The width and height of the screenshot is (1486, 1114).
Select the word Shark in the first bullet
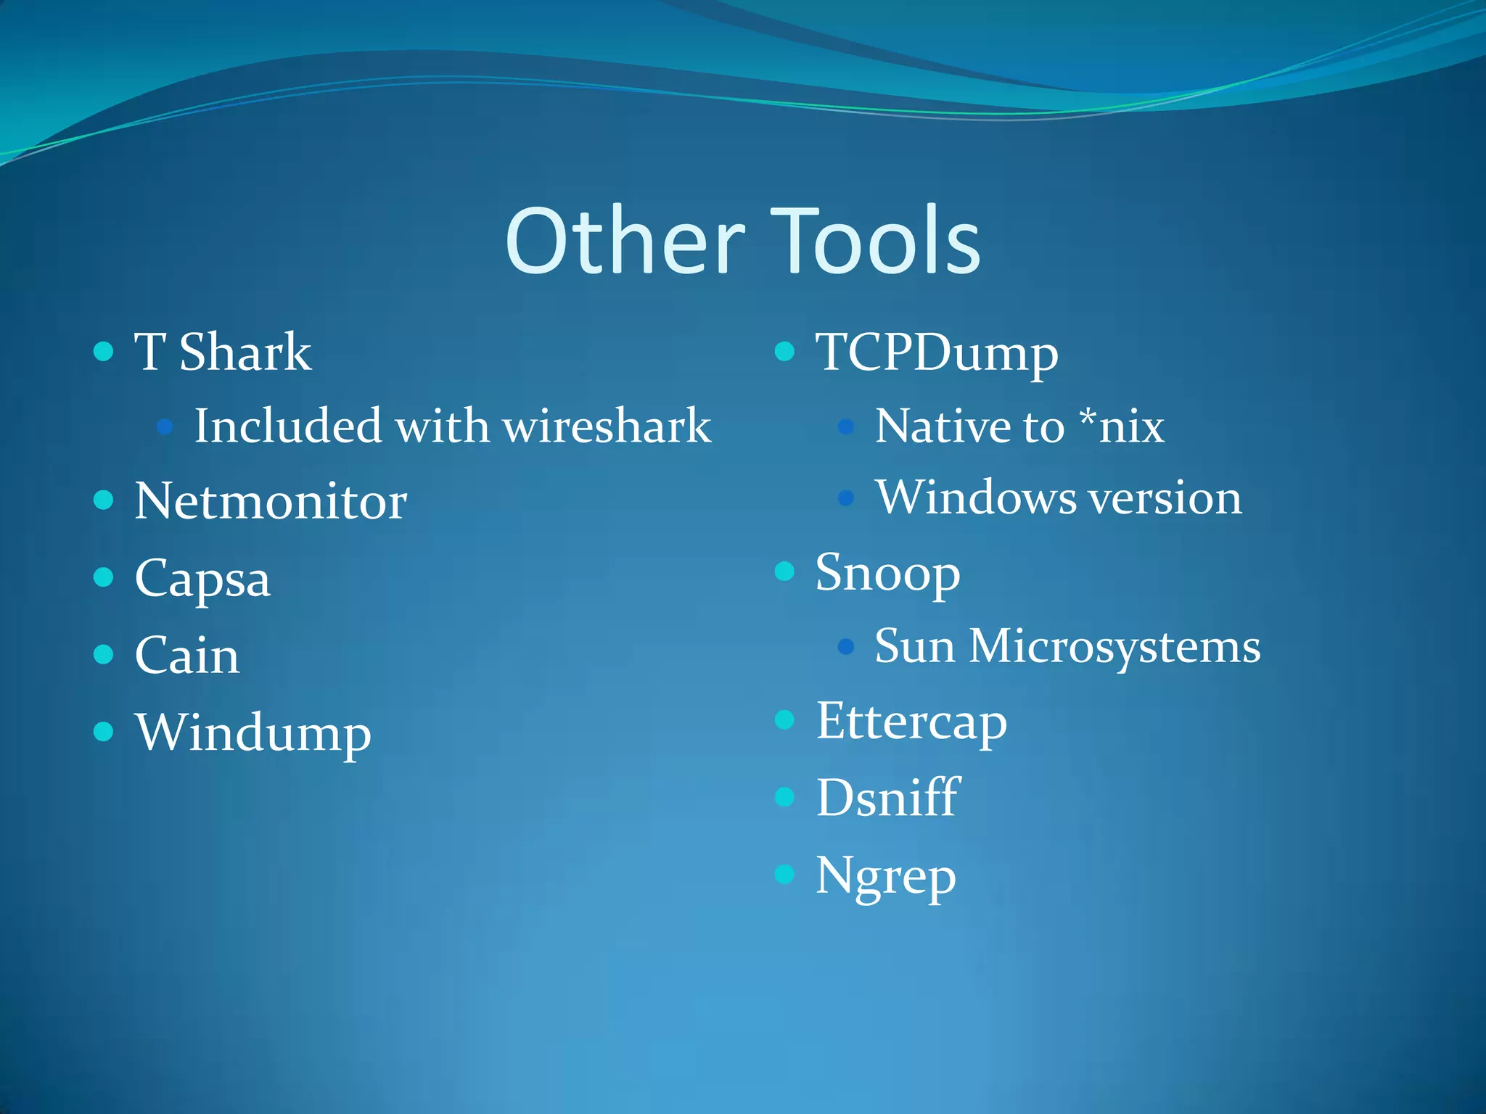pos(245,352)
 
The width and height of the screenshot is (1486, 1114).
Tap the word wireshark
pos(607,426)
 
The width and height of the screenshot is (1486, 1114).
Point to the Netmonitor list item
pos(271,502)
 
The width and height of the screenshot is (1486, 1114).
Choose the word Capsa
pos(202,579)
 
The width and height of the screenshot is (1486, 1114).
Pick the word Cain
pos(187,656)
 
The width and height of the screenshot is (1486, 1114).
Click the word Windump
pos(253,733)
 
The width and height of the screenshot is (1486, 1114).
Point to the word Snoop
pos(887,574)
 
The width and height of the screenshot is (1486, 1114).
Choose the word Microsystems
pos(1115,646)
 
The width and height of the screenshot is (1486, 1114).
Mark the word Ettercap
pos(911,722)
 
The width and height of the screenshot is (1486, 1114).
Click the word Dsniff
pos(887,798)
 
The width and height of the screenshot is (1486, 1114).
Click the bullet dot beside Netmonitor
pos(104,500)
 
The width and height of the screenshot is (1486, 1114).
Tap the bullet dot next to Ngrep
pos(784,874)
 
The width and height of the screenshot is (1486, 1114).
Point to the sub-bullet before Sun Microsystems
pos(845,646)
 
